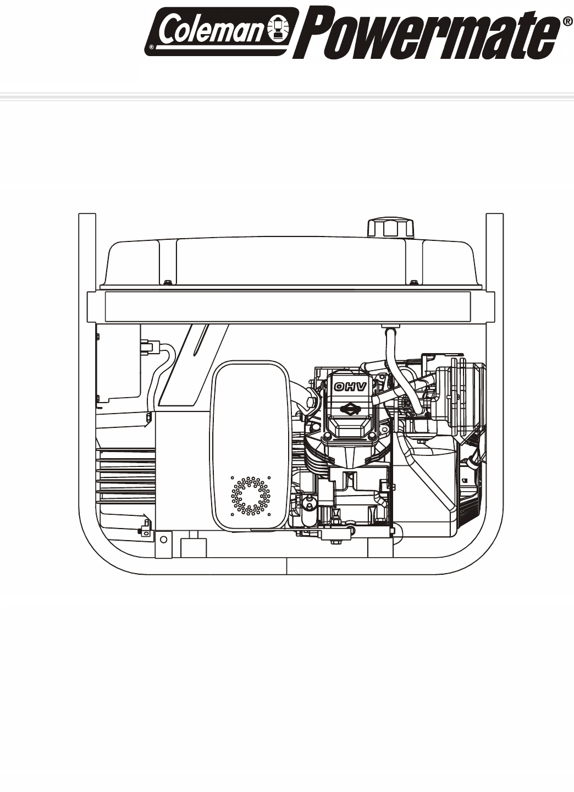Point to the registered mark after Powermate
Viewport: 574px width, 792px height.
coord(567,22)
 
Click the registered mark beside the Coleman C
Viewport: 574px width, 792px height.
coord(152,46)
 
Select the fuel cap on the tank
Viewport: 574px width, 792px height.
coord(390,228)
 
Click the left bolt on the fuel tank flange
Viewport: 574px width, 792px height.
coord(167,282)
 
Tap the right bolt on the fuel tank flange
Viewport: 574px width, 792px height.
coord(413,282)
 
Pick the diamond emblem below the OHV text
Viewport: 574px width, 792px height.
coord(349,410)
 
